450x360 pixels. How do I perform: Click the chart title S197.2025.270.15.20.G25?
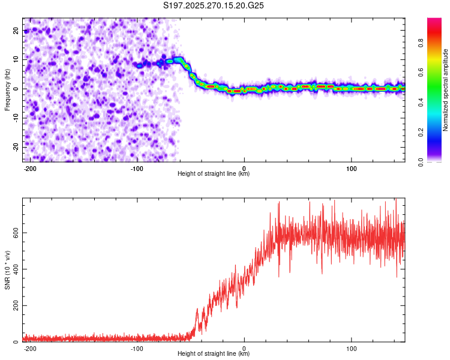[x=214, y=6]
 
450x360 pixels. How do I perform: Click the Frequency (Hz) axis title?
[x=7, y=90]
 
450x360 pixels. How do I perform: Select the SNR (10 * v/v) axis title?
[x=7, y=270]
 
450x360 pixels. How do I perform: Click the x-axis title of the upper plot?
[x=214, y=174]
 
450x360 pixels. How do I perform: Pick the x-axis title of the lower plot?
[x=214, y=354]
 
